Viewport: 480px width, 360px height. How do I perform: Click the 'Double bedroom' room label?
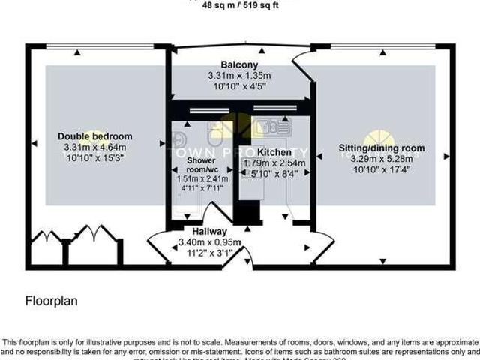[95, 136]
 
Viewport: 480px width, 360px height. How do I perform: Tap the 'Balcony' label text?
[239, 65]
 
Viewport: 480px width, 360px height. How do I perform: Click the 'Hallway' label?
[209, 231]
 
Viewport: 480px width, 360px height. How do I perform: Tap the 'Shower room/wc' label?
[207, 165]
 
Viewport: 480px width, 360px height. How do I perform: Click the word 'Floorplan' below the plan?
[52, 301]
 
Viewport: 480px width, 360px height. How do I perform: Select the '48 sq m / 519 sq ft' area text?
[239, 4]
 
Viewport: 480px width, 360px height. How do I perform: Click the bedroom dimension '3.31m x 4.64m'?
[95, 148]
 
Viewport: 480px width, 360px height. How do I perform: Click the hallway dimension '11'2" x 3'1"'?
[209, 253]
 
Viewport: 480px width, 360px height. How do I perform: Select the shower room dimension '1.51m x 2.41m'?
[207, 179]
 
